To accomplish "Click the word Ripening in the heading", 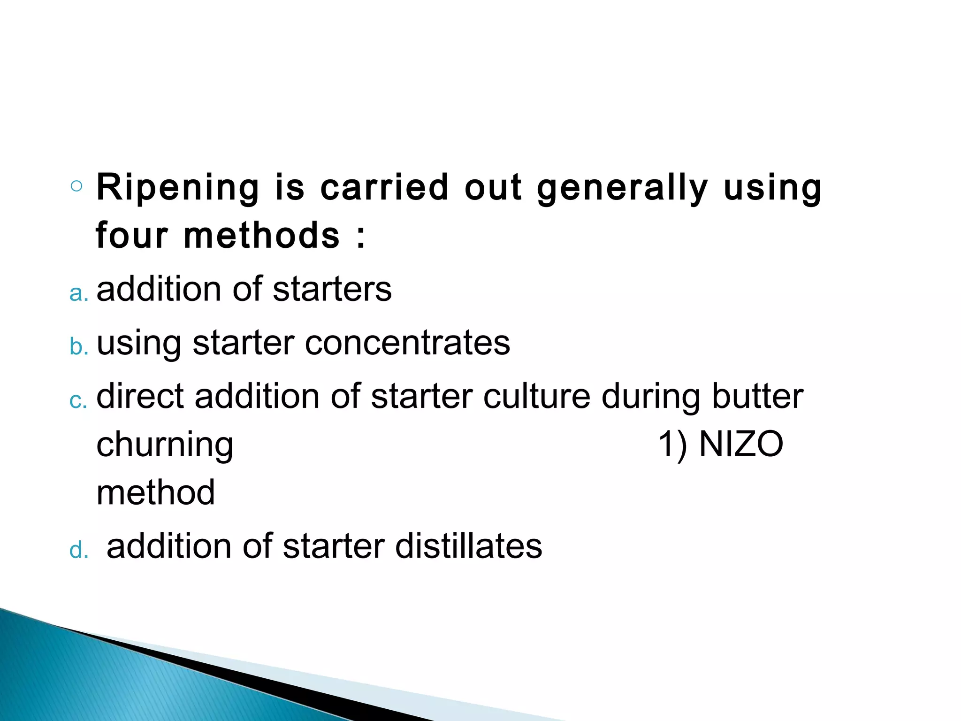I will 177,188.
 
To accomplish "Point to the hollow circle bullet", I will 76,186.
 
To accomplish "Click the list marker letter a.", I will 78,294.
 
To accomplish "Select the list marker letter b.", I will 78,347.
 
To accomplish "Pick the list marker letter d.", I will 78,550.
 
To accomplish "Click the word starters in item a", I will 332,289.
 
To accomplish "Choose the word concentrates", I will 407,343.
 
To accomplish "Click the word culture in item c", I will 537,397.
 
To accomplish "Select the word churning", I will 165,446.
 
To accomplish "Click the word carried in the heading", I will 384,187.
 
